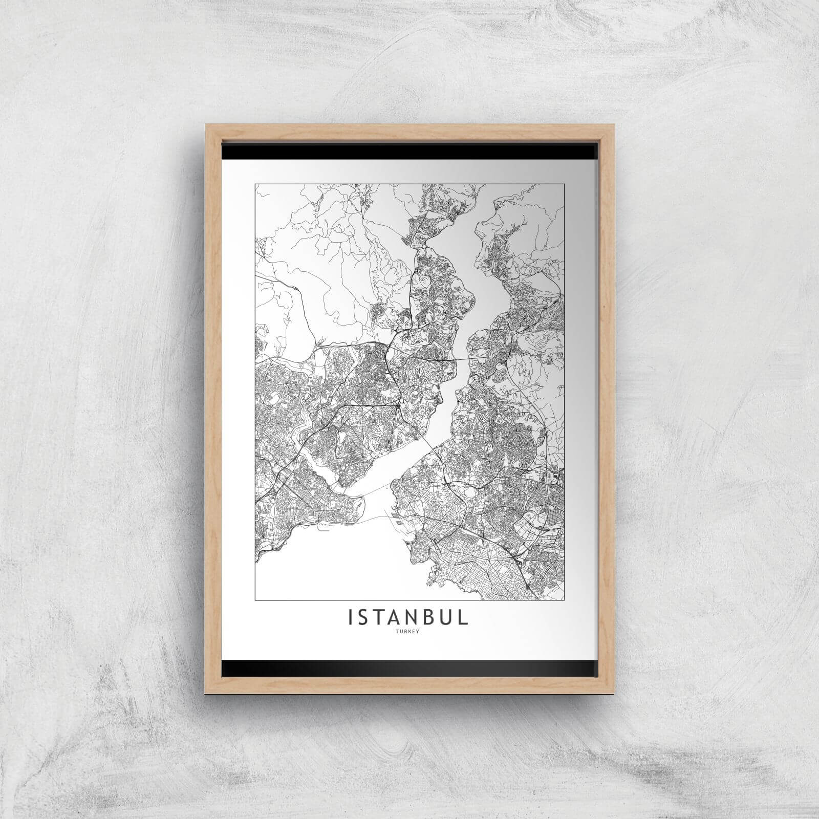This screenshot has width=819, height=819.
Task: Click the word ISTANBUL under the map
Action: point(408,617)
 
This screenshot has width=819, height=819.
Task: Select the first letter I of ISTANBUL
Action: point(350,617)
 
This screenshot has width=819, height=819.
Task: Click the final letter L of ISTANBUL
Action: point(464,617)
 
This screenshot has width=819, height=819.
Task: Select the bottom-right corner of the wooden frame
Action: point(612,691)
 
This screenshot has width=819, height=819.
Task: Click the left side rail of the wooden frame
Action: point(212,409)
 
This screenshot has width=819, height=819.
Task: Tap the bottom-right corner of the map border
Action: point(564,599)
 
